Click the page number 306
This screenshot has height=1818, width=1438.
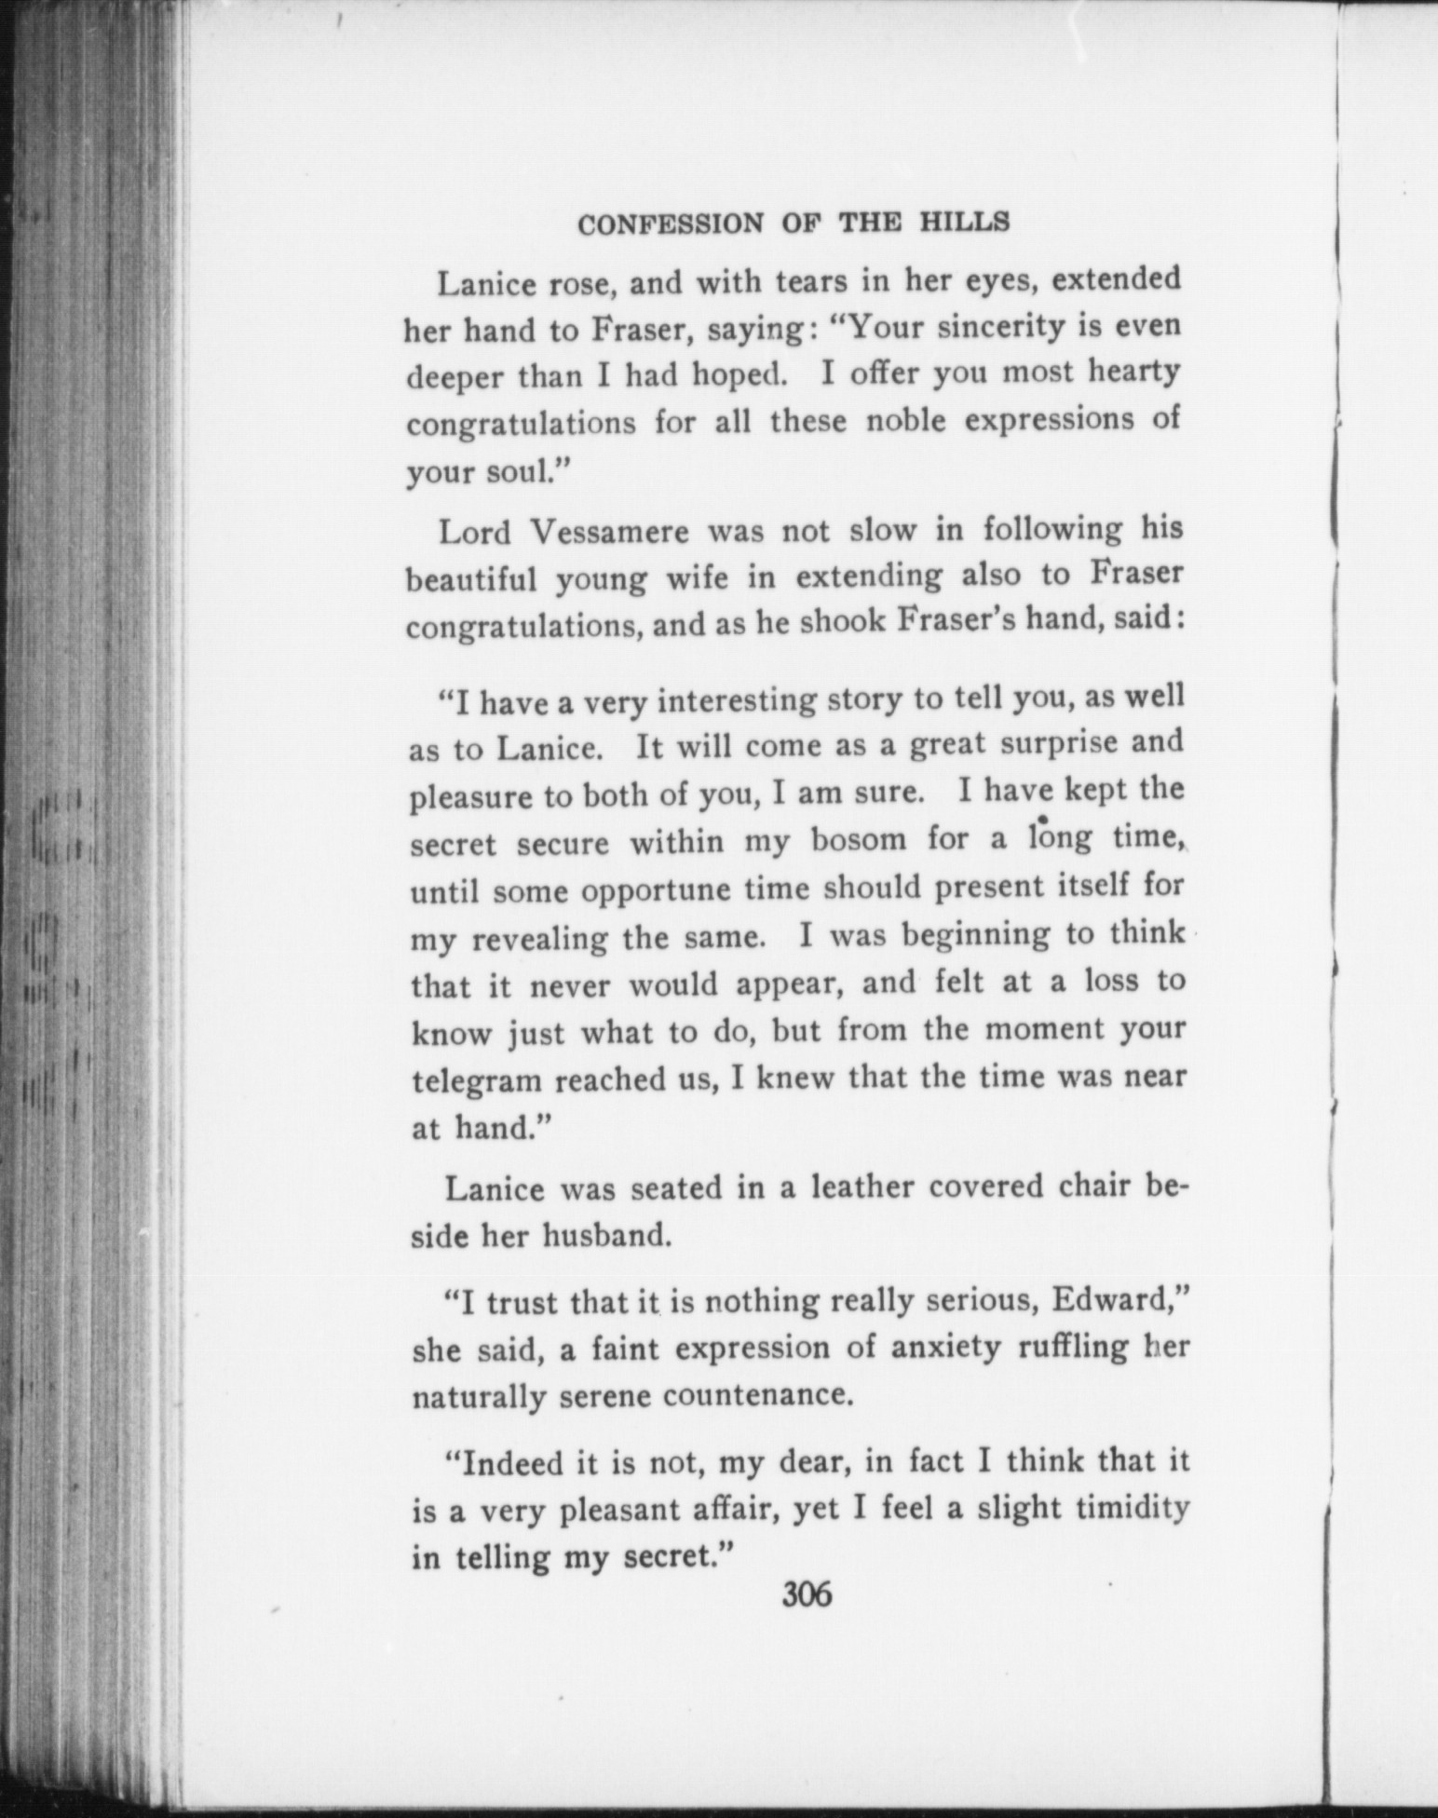pos(807,1595)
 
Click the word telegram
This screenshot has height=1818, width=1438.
pos(476,1080)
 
